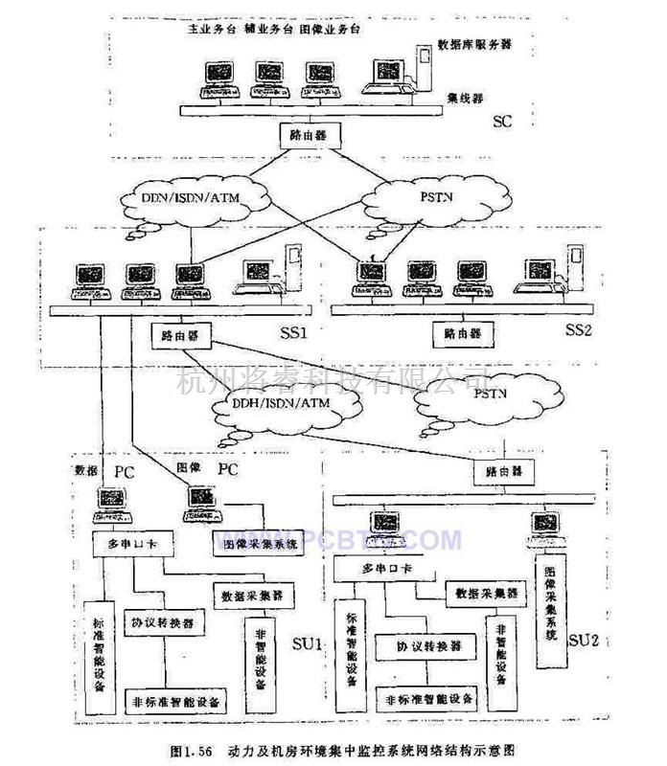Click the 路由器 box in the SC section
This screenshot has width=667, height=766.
click(309, 135)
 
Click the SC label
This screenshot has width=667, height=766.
click(503, 122)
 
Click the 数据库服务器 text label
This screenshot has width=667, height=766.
click(476, 44)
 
